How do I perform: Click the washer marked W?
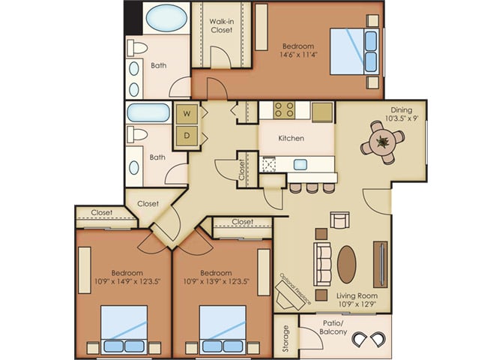click(x=187, y=114)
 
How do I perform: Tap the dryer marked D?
click(x=187, y=136)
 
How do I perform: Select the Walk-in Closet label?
click(x=222, y=25)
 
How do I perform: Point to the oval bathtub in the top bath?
click(x=166, y=18)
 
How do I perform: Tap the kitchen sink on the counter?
click(x=300, y=164)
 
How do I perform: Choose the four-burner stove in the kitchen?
click(x=285, y=109)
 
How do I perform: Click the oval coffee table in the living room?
click(x=347, y=265)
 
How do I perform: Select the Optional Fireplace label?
click(x=296, y=289)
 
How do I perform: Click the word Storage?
click(x=286, y=338)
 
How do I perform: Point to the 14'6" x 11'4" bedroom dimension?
click(x=298, y=55)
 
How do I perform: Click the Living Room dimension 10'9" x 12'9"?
click(x=357, y=304)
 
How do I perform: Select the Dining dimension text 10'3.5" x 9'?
click(x=402, y=118)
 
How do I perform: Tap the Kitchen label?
click(x=291, y=139)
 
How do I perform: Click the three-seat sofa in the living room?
click(x=322, y=264)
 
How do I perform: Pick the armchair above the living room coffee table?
click(x=339, y=220)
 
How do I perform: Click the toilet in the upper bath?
click(x=138, y=48)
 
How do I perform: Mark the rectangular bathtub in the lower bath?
click(x=148, y=112)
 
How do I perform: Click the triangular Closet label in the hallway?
click(x=148, y=203)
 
